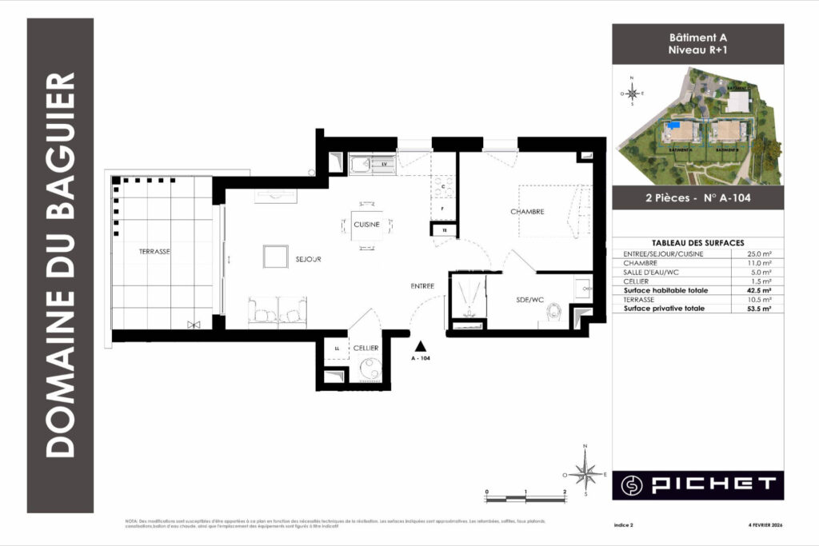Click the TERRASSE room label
click(x=155, y=251)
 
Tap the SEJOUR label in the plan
click(x=308, y=260)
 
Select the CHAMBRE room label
click(x=527, y=212)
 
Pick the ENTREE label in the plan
click(x=422, y=285)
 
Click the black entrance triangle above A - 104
click(x=421, y=346)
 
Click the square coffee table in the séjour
click(x=275, y=257)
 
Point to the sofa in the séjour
click(x=277, y=312)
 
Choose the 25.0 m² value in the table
click(x=759, y=253)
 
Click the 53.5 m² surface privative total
click(x=759, y=308)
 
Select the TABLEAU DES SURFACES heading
click(x=697, y=242)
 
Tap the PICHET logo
click(x=697, y=484)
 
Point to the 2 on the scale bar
click(x=565, y=492)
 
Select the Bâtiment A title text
click(x=697, y=38)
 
